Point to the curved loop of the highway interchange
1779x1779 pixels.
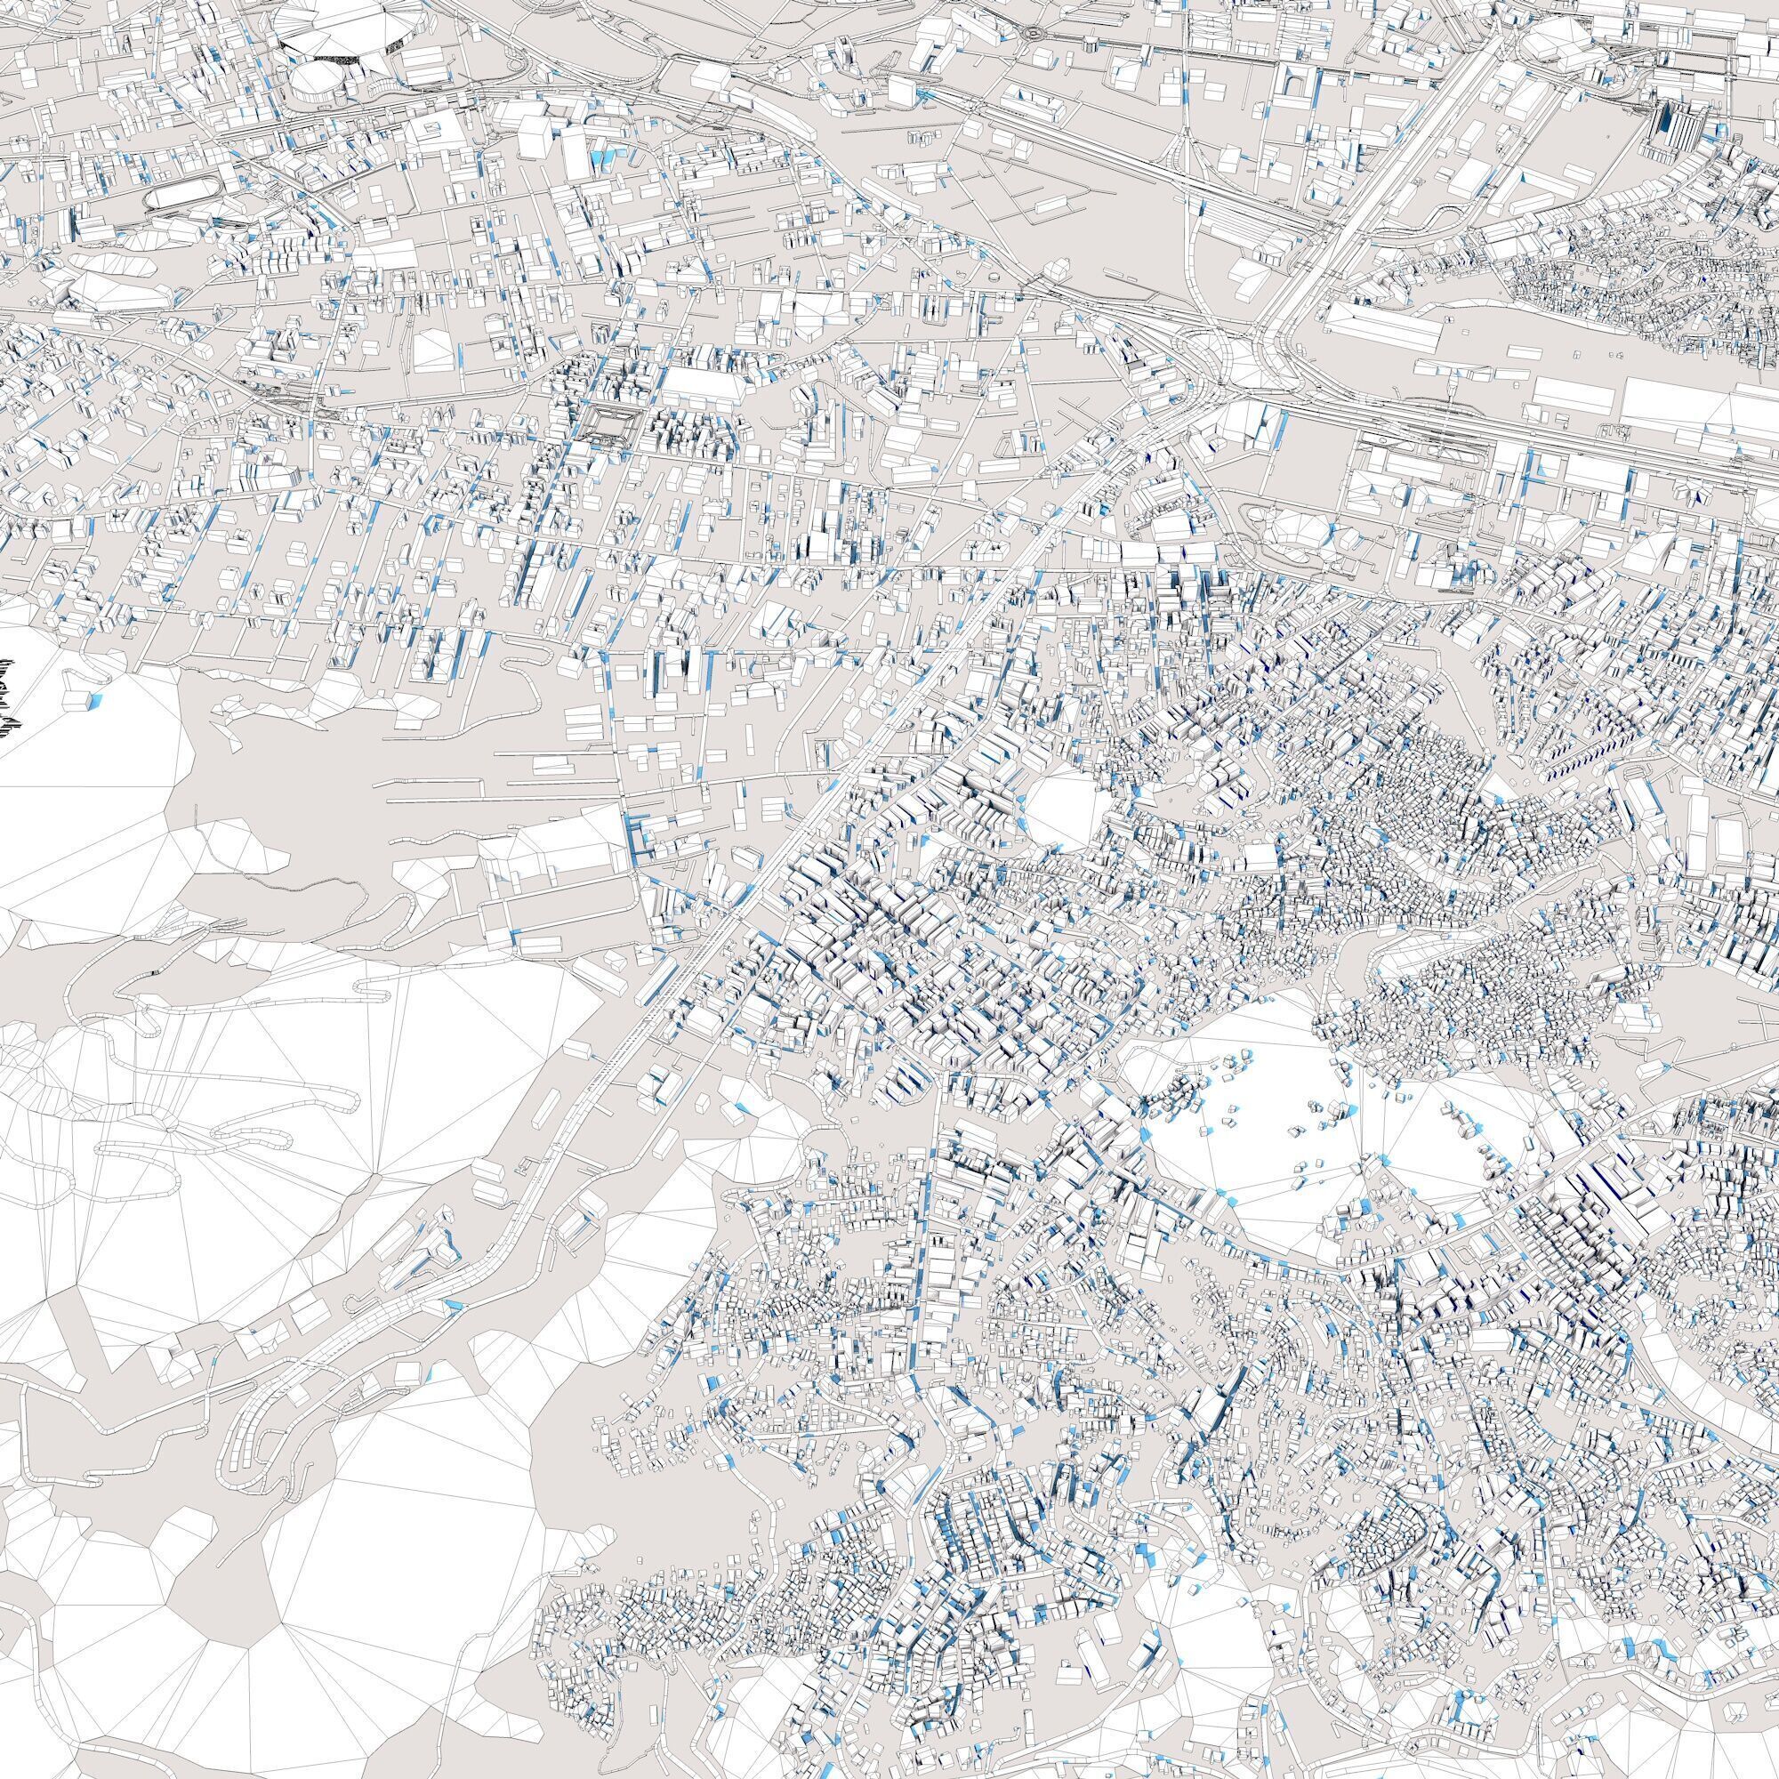tap(1211, 355)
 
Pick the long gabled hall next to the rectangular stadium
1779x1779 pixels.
tap(704, 384)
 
